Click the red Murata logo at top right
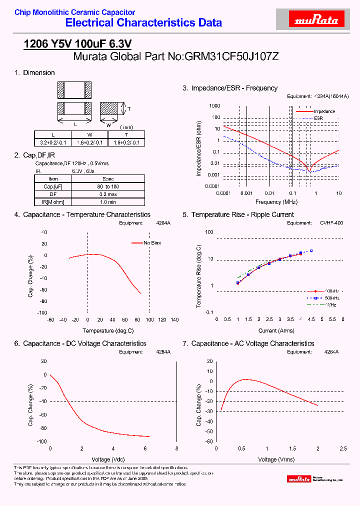click(x=315, y=20)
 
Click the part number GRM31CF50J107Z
click(x=231, y=56)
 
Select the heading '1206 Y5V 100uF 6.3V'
click(x=77, y=44)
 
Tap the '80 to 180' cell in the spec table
click(x=108, y=186)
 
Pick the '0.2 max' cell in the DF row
click(x=108, y=194)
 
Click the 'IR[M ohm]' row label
click(x=53, y=202)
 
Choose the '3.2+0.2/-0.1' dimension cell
click(x=53, y=142)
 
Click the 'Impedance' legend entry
click(x=324, y=111)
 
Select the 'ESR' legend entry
click(x=318, y=118)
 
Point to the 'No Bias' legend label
click(x=152, y=243)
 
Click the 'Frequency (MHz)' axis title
click(x=276, y=202)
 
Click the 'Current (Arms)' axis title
click(x=276, y=330)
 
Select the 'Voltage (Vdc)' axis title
click(x=108, y=459)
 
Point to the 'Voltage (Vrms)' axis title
click(x=276, y=459)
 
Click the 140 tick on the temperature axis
click(x=174, y=320)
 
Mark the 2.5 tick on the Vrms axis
click(x=342, y=449)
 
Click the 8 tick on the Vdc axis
click(x=176, y=449)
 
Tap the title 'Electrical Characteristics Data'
click(x=143, y=23)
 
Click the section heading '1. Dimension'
click(x=34, y=73)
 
